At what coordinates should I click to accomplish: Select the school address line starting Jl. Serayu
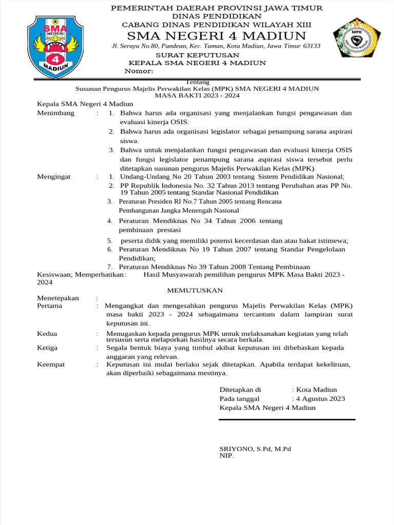coord(216,46)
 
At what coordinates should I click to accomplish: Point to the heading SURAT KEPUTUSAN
coord(198,55)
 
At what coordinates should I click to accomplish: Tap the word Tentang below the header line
coord(198,82)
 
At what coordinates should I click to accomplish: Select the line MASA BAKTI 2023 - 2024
coord(198,95)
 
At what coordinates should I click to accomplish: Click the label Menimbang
coord(56,113)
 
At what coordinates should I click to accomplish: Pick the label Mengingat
coord(54,177)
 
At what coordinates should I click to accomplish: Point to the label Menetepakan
coord(58,298)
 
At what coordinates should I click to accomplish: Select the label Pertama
coord(50,306)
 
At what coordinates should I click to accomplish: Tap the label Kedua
coord(48,333)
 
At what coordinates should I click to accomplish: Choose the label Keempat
coord(51,365)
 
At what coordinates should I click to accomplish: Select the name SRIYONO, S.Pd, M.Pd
coord(255,449)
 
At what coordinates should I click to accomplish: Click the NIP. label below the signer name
coord(226,455)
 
